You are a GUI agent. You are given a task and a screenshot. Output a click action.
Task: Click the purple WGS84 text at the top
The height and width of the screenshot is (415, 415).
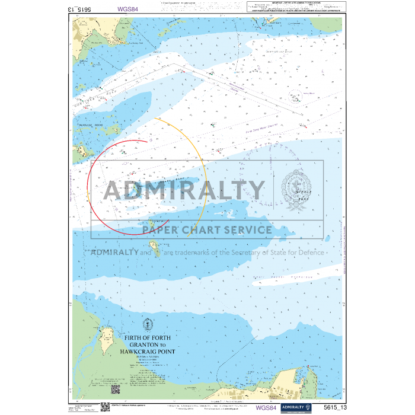click(128, 9)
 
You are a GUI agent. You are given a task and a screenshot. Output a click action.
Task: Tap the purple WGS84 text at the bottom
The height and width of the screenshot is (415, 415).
click(265, 407)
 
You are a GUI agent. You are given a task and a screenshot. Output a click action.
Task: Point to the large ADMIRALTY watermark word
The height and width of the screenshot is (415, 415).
click(184, 190)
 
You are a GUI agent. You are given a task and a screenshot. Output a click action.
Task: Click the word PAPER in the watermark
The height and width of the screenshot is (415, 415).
click(165, 230)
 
